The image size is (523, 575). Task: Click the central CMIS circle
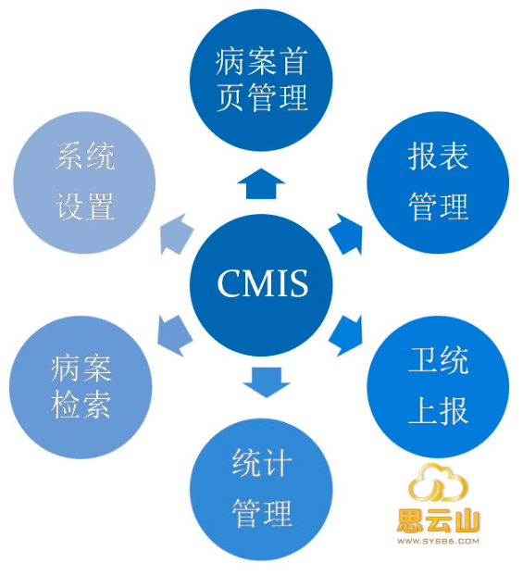(261, 284)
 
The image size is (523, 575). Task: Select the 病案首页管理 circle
(261, 80)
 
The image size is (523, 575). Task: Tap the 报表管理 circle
(439, 182)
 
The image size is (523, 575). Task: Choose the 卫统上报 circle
(439, 387)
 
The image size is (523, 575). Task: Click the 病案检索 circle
(81, 387)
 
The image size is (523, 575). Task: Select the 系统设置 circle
(84, 182)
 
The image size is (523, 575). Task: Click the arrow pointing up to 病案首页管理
(261, 184)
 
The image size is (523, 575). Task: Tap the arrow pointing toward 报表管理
(346, 234)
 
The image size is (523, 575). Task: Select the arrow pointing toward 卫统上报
(346, 335)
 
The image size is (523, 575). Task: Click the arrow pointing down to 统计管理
(267, 382)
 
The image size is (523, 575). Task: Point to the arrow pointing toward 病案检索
(175, 335)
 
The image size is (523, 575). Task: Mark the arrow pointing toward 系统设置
(177, 234)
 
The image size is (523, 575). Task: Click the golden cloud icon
(438, 483)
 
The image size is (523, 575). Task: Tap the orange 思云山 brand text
(439, 520)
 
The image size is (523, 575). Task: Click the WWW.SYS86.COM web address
(439, 541)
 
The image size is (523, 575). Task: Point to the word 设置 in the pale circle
(85, 206)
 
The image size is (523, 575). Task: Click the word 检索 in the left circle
(81, 405)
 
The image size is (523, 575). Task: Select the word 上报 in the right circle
(439, 410)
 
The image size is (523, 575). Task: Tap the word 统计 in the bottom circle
(262, 463)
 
